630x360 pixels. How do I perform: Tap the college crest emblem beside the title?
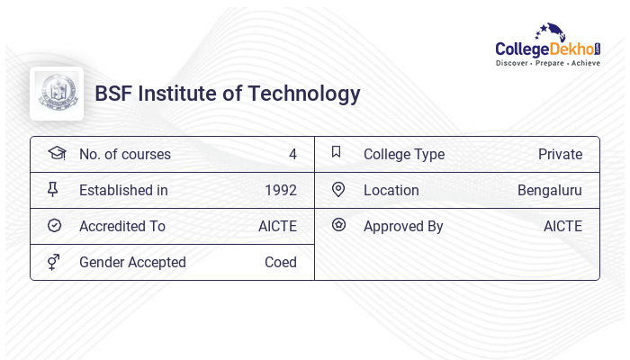click(57, 94)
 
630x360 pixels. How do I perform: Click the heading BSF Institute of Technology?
click(228, 94)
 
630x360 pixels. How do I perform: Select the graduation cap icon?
click(56, 153)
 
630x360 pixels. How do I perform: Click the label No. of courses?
click(125, 154)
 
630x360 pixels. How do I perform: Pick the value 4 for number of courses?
click(292, 154)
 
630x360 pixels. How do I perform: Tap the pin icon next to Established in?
click(53, 189)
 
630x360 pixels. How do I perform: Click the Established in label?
click(123, 190)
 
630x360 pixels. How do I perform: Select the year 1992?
click(281, 190)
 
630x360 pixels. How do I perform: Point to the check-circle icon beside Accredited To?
click(54, 225)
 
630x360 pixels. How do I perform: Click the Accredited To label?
click(122, 226)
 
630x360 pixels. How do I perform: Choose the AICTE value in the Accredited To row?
click(277, 226)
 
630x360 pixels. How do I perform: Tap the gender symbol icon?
click(53, 262)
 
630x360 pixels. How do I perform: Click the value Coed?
click(281, 262)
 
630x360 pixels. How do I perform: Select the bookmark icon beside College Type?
click(337, 152)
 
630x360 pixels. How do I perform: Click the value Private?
click(560, 154)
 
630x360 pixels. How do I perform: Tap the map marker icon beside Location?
click(338, 189)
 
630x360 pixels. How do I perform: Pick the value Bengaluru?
click(550, 190)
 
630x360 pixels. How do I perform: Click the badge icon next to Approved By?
click(338, 225)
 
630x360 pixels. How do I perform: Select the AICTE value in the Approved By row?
click(562, 226)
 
